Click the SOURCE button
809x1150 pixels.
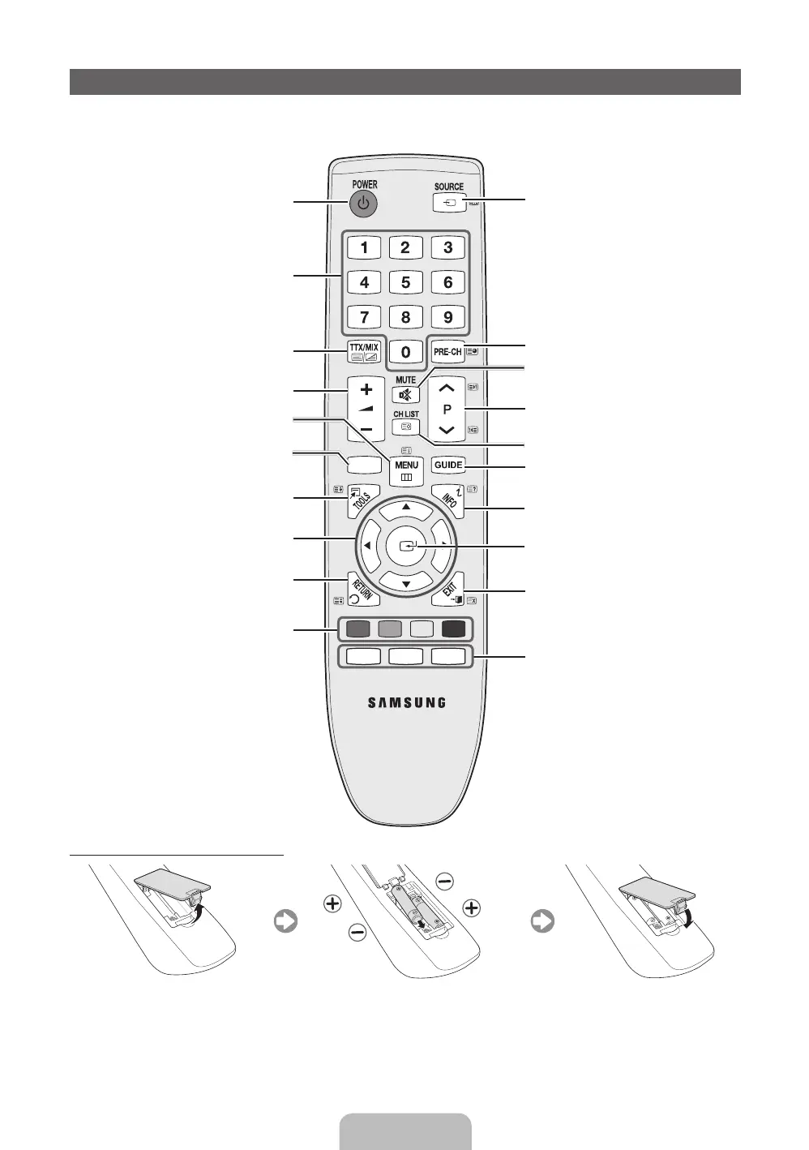click(449, 203)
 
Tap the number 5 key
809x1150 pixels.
click(405, 282)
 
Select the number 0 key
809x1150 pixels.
click(405, 352)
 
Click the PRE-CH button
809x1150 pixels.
click(447, 352)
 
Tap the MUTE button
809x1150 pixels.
click(405, 395)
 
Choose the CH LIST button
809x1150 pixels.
click(405, 425)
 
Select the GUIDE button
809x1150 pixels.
click(447, 466)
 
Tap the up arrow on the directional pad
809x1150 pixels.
click(405, 508)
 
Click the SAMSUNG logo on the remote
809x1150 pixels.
click(406, 702)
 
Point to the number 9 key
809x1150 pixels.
click(447, 317)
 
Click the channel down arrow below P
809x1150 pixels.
click(447, 430)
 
